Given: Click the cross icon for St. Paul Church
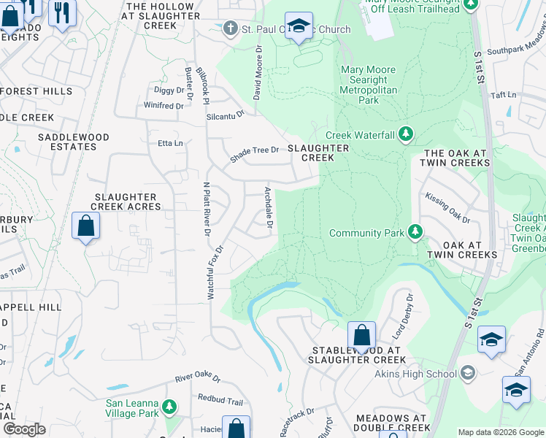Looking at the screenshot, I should tap(231, 29).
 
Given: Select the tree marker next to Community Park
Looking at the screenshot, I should tap(415, 233).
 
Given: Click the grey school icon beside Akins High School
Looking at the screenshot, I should tap(467, 374).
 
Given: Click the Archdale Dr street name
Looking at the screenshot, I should tap(268, 207).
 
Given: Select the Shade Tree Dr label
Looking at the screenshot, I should tap(255, 151).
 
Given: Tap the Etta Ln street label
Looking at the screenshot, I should tap(171, 143).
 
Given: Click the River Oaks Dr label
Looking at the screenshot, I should tap(198, 378).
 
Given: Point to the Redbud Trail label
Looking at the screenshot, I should tap(220, 401).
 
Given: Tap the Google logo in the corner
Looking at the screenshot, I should tap(25, 429).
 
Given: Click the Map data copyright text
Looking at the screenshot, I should tap(500, 432).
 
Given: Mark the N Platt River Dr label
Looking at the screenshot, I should tap(206, 209).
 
